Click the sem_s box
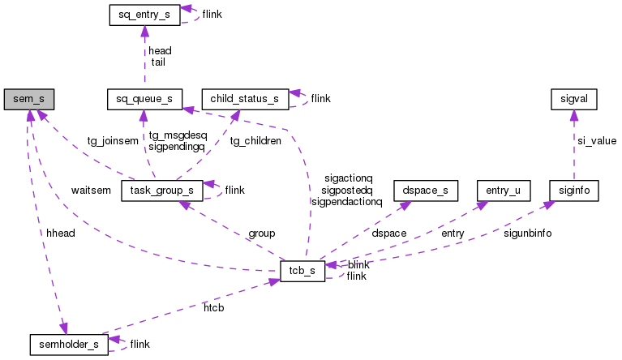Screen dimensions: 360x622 click(x=28, y=100)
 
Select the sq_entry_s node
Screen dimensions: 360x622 click(x=144, y=15)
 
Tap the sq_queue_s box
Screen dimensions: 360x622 click(x=144, y=100)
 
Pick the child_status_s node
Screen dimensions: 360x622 click(x=244, y=100)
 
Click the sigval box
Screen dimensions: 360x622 click(x=573, y=100)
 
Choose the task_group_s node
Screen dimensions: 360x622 click(x=161, y=191)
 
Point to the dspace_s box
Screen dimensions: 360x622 click(x=425, y=191)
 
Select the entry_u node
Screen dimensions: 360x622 click(x=503, y=191)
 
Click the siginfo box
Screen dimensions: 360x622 click(x=573, y=191)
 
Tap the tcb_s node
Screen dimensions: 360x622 click(x=302, y=272)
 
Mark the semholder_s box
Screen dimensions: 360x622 click(x=69, y=344)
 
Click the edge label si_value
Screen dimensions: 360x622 click(x=596, y=141)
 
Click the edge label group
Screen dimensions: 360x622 click(x=262, y=234)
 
